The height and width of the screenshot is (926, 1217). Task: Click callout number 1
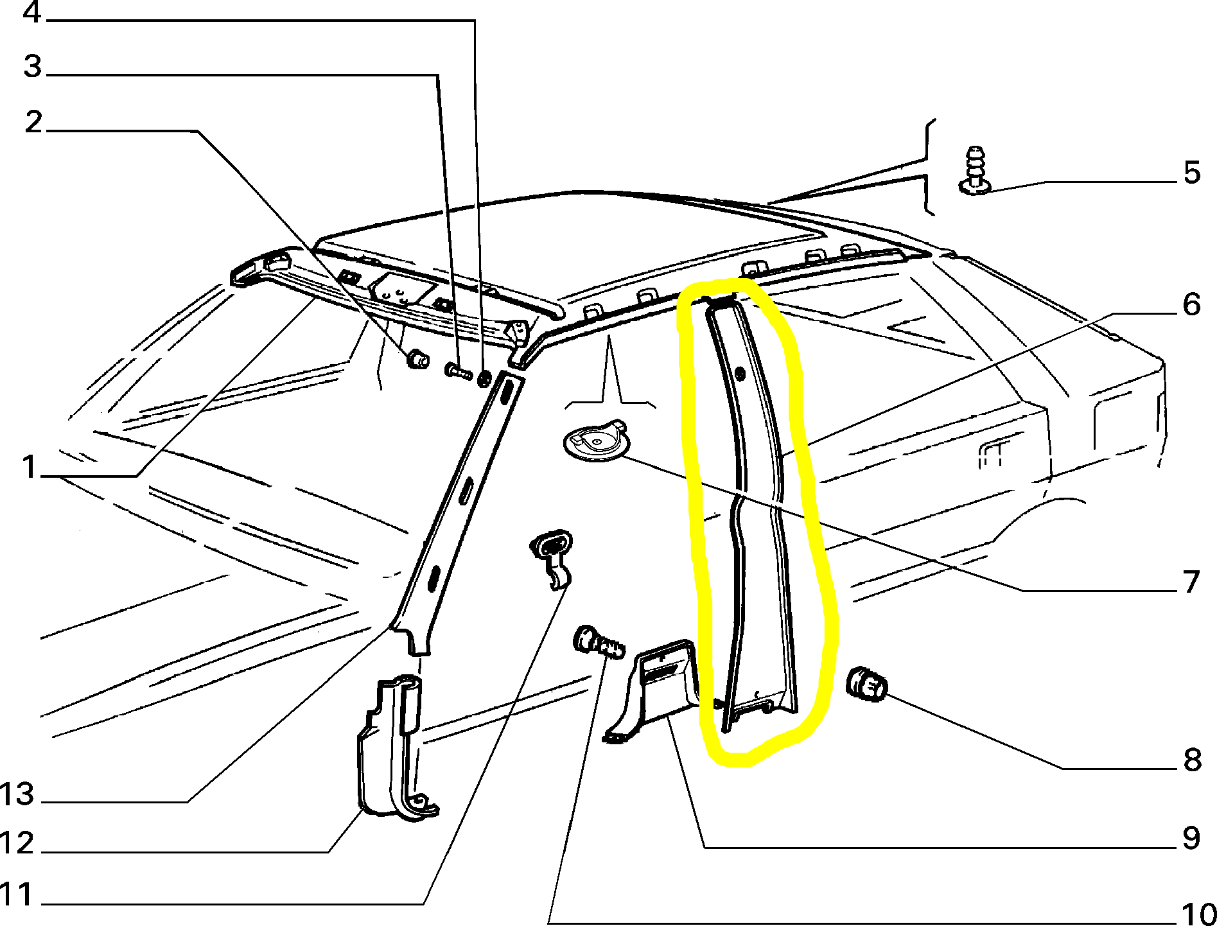click(29, 467)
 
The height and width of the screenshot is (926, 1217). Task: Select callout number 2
click(33, 121)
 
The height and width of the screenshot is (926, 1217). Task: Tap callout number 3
click(33, 66)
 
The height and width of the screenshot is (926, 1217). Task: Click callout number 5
click(1192, 172)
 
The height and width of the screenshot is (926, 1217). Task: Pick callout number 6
click(1192, 304)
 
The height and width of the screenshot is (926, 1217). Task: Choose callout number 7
click(1191, 582)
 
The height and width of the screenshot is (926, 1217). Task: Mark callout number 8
click(1193, 760)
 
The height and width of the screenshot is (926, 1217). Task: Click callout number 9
click(1191, 838)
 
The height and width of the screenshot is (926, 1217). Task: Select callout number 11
click(17, 895)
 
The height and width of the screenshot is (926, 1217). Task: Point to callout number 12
click(17, 843)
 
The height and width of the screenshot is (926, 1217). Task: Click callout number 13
click(17, 794)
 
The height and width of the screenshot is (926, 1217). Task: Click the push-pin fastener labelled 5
click(975, 170)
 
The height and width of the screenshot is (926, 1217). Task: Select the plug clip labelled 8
click(868, 685)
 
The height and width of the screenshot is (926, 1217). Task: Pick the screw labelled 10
click(599, 643)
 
